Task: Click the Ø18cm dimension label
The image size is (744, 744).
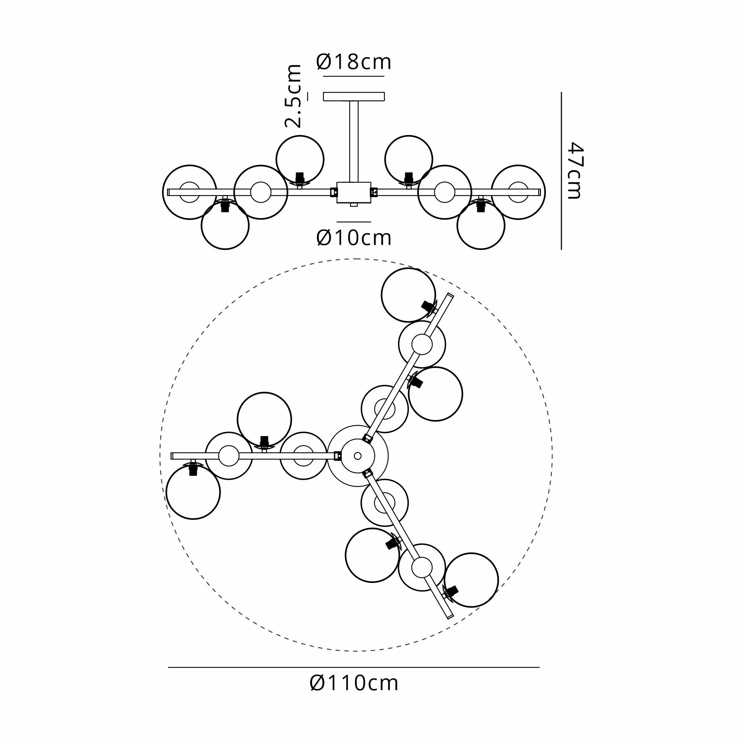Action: (x=353, y=62)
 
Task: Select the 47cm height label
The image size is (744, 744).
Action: (x=576, y=171)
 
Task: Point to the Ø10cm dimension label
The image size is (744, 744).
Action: (x=354, y=238)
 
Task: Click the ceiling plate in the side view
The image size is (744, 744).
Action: (x=354, y=96)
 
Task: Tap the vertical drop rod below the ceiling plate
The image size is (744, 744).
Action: (x=354, y=141)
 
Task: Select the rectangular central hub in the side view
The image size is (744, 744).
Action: (x=354, y=193)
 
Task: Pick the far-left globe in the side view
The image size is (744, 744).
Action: (x=189, y=192)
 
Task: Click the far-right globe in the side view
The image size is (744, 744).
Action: (x=518, y=192)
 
